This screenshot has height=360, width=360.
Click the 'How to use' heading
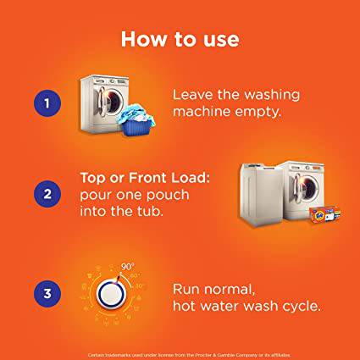180,39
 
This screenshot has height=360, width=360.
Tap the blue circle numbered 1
47,104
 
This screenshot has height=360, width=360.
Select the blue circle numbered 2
47,194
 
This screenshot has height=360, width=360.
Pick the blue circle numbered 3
47,294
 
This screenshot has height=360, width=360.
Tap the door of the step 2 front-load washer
310,186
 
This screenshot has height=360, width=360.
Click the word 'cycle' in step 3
300,304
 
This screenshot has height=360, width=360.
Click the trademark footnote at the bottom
180,354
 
